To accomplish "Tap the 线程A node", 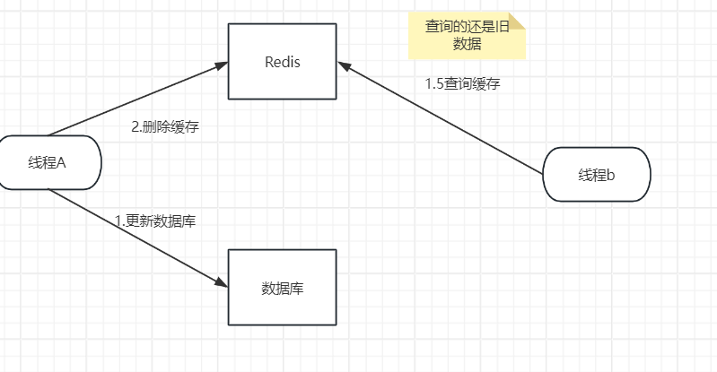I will click(48, 162).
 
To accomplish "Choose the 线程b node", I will click(597, 174).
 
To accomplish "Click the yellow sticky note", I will click(466, 35).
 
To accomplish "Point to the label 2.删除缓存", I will click(165, 126).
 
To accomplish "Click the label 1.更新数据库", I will click(155, 221).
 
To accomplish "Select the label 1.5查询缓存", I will click(462, 83).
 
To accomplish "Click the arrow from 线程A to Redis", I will click(135, 99).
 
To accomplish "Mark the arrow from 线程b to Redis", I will click(440, 117).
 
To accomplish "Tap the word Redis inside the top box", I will click(282, 62).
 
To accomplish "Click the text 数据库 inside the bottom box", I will click(282, 289).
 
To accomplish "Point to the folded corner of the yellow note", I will click(517, 20).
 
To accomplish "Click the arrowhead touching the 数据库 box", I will click(222, 282).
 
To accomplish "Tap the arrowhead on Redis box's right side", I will click(344, 66).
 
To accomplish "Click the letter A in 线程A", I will click(62, 162).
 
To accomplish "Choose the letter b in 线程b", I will click(611, 175).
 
